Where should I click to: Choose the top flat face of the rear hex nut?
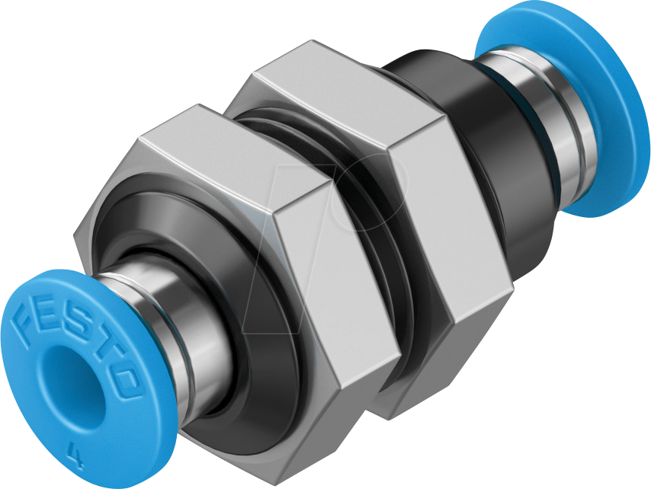pos(335,84)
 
